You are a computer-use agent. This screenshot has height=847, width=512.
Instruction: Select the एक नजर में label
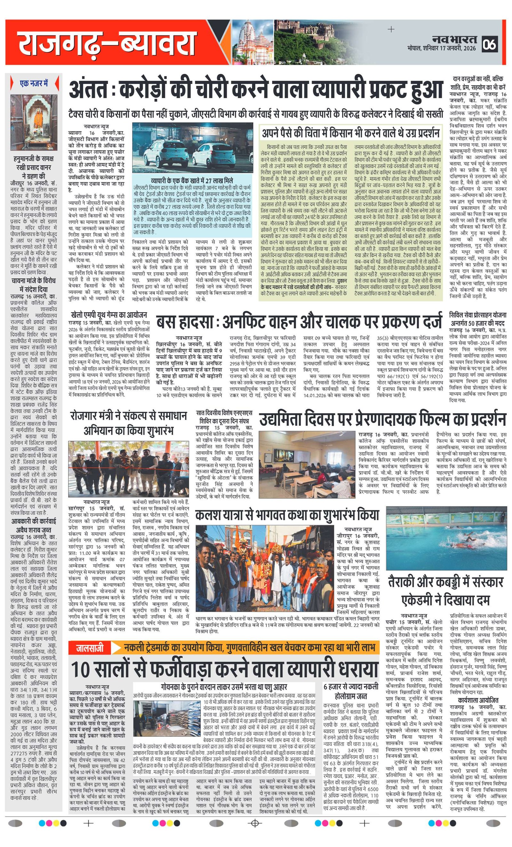point(34,83)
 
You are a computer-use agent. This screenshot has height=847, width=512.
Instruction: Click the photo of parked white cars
point(192,148)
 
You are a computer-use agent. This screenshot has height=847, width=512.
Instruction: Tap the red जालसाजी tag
point(90,649)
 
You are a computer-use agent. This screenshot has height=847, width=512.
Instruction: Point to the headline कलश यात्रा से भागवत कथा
point(287,514)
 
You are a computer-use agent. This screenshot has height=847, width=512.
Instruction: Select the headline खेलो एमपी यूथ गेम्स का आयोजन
point(109,315)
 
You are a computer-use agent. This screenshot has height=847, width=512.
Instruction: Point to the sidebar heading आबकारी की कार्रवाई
point(34,521)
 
